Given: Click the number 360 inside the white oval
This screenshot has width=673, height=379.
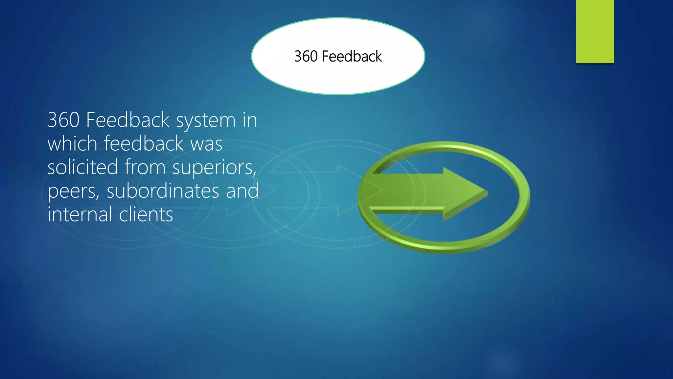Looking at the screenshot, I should (306, 56).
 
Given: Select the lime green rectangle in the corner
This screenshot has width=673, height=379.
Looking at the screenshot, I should (595, 31).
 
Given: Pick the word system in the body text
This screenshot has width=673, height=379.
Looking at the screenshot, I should (206, 120).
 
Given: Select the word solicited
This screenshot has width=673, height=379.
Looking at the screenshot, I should (82, 167).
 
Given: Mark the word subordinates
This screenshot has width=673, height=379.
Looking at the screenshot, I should (163, 191).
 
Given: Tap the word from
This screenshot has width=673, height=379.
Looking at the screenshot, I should (145, 167).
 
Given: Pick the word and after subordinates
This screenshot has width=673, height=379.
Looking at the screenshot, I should (242, 191).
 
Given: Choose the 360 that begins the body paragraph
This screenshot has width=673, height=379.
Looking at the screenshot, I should (63, 120).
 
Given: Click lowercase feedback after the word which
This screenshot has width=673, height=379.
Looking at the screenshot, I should (144, 144).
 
